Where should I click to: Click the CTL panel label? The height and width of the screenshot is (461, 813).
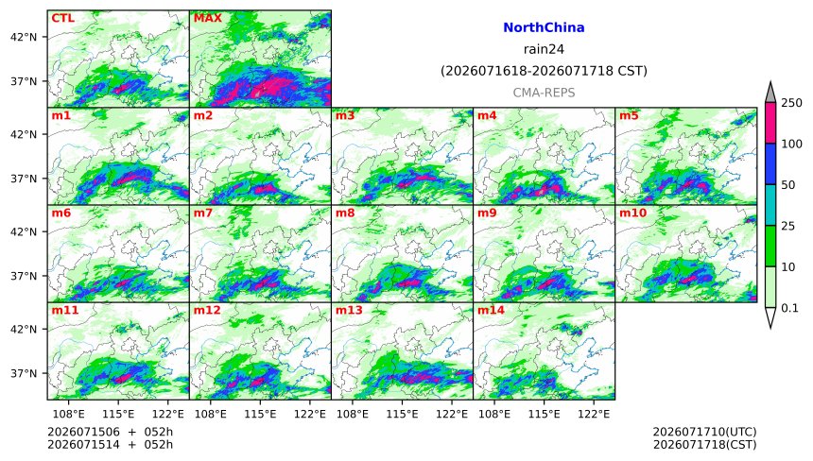62,18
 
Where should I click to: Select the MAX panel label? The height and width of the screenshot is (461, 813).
207,18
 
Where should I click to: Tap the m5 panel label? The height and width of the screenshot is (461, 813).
629,115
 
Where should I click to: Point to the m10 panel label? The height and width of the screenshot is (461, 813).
632,213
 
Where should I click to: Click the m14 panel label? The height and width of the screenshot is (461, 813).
491,310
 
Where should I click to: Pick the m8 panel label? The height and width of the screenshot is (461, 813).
345,213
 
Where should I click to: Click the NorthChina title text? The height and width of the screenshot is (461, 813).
544,27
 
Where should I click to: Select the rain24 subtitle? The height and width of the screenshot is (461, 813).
544,49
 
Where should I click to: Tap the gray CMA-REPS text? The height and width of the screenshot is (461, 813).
544,93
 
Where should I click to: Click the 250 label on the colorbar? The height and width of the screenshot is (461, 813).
791,103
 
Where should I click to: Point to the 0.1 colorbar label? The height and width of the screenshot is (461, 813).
789,308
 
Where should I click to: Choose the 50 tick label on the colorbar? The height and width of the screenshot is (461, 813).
787,185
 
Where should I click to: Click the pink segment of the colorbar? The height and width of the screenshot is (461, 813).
770,123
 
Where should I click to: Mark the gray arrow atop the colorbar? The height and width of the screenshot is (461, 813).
770,94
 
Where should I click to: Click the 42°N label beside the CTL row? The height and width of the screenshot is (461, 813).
24,37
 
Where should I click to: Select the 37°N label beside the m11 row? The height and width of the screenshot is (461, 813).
24,373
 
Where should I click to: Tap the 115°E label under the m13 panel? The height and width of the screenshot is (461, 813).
403,414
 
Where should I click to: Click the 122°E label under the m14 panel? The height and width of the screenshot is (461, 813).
594,414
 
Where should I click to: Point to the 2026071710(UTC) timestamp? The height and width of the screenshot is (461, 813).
704,432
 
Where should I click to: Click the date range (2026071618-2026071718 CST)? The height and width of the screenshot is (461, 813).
544,71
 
